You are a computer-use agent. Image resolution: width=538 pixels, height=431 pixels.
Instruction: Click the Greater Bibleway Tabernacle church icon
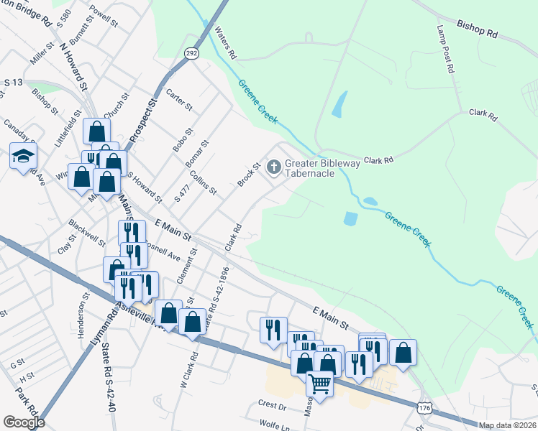click(x=273, y=167)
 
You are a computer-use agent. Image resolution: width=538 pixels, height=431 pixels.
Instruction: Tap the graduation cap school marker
click(x=23, y=155)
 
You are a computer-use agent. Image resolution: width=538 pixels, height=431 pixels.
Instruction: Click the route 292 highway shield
click(x=191, y=52)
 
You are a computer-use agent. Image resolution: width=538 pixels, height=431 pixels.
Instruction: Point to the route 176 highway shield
click(x=424, y=408)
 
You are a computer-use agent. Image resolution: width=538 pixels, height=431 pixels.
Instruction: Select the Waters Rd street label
click(x=225, y=43)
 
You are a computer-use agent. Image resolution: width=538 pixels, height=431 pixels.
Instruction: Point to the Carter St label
click(x=180, y=100)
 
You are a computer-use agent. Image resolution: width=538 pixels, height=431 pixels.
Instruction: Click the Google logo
click(x=24, y=422)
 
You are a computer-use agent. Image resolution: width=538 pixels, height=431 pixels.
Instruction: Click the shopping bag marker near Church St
click(x=96, y=131)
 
